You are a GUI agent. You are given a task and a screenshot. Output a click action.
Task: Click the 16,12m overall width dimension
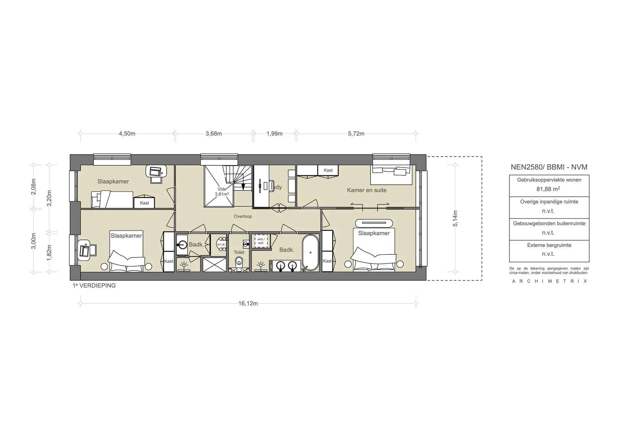pyautogui.click(x=248, y=303)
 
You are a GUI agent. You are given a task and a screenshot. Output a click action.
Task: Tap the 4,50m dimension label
pyautogui.click(x=127, y=133)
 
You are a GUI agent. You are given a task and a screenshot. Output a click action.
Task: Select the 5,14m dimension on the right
pyautogui.click(x=455, y=218)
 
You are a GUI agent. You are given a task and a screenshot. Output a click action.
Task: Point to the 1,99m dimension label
pyautogui.click(x=274, y=133)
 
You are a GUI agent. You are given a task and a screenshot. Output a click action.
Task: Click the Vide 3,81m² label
pyautogui.click(x=222, y=192)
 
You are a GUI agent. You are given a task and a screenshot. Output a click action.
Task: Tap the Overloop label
pyautogui.click(x=243, y=216)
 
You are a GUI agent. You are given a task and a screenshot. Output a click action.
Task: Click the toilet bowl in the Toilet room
pyautogui.click(x=239, y=261)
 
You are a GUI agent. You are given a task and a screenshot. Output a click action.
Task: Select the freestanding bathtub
pyautogui.click(x=310, y=253)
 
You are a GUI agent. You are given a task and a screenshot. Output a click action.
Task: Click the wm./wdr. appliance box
pyautogui.click(x=261, y=241)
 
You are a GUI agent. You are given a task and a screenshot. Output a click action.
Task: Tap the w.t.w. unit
pyautogui.click(x=221, y=244)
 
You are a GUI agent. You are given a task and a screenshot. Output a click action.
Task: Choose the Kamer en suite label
pyautogui.click(x=366, y=190)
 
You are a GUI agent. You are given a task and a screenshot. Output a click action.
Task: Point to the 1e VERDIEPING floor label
pyautogui.click(x=94, y=285)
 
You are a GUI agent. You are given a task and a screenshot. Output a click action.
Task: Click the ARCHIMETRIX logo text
pyautogui.click(x=549, y=281)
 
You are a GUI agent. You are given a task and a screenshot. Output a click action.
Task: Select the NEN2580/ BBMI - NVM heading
pyautogui.click(x=549, y=167)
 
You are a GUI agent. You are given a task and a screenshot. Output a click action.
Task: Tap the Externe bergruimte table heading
pyautogui.click(x=549, y=245)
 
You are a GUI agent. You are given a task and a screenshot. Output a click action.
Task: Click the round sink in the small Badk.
pyautogui.click(x=182, y=244)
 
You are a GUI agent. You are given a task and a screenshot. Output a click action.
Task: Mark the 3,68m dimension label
pyautogui.click(x=214, y=133)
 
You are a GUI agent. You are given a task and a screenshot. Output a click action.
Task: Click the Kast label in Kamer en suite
pyautogui.click(x=328, y=170)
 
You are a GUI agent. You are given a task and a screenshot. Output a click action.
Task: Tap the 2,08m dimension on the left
pyautogui.click(x=34, y=187)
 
